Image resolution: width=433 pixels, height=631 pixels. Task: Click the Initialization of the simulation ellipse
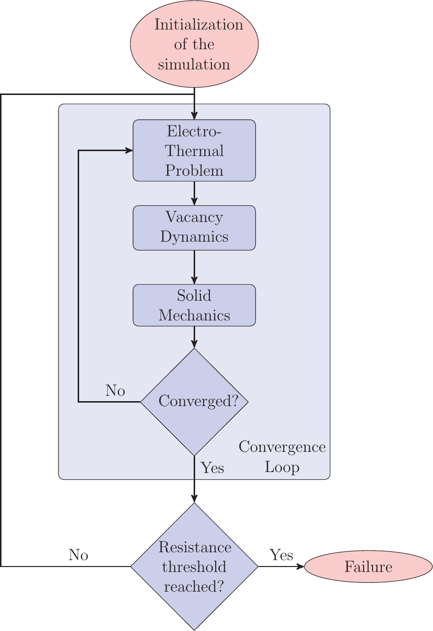pos(194,44)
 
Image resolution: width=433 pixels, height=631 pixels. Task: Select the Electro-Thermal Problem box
pos(194,151)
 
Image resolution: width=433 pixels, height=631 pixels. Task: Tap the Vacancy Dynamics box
pos(194,227)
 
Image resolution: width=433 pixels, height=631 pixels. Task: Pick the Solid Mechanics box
pos(194,305)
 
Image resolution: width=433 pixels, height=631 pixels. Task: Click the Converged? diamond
pos(194,402)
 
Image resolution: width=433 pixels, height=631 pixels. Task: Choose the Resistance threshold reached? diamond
pos(194,567)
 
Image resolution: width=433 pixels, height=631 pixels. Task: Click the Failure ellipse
pos(368,567)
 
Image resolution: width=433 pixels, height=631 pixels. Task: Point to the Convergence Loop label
pos(282,457)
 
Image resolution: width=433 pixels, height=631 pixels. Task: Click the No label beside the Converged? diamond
pos(115,391)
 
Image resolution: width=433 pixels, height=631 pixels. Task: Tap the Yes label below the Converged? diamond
pos(212,468)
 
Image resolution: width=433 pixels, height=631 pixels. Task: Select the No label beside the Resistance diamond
pos(78,555)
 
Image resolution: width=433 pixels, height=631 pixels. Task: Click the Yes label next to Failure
pos(281,555)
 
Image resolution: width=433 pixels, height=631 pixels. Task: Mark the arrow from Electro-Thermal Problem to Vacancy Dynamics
pos(194,193)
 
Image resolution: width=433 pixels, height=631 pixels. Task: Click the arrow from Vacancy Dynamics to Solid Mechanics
pos(194,267)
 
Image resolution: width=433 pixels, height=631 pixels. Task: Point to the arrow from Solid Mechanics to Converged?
pos(194,337)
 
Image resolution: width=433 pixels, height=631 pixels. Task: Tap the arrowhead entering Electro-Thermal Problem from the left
pos(129,151)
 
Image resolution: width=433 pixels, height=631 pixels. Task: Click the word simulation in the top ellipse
pos(194,64)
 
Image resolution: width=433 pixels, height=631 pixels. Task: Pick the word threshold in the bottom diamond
pos(194,567)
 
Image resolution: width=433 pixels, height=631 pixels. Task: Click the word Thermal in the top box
pos(194,151)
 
